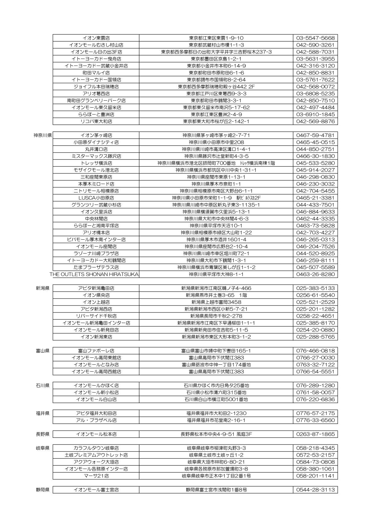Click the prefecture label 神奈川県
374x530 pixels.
pos(43,135)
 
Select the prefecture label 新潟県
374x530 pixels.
pos(43,288)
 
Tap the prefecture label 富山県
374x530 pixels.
pos(43,351)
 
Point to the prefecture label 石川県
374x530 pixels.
pos(43,386)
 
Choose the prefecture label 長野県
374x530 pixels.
pos(43,434)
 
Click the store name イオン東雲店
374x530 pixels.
pos(96,38)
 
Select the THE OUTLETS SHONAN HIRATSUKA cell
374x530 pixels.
pos(94,274)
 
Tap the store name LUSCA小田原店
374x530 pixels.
pos(96,198)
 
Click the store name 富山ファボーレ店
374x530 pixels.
pos(96,351)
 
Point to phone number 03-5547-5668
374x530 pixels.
pos(315,38)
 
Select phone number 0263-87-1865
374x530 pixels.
pos(315,434)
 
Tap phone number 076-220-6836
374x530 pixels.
pos(315,399)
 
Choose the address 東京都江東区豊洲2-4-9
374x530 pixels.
pos(216,115)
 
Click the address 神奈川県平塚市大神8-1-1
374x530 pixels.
pos(216,274)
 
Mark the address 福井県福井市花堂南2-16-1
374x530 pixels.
pos(216,420)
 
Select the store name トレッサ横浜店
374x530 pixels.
pos(96,163)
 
